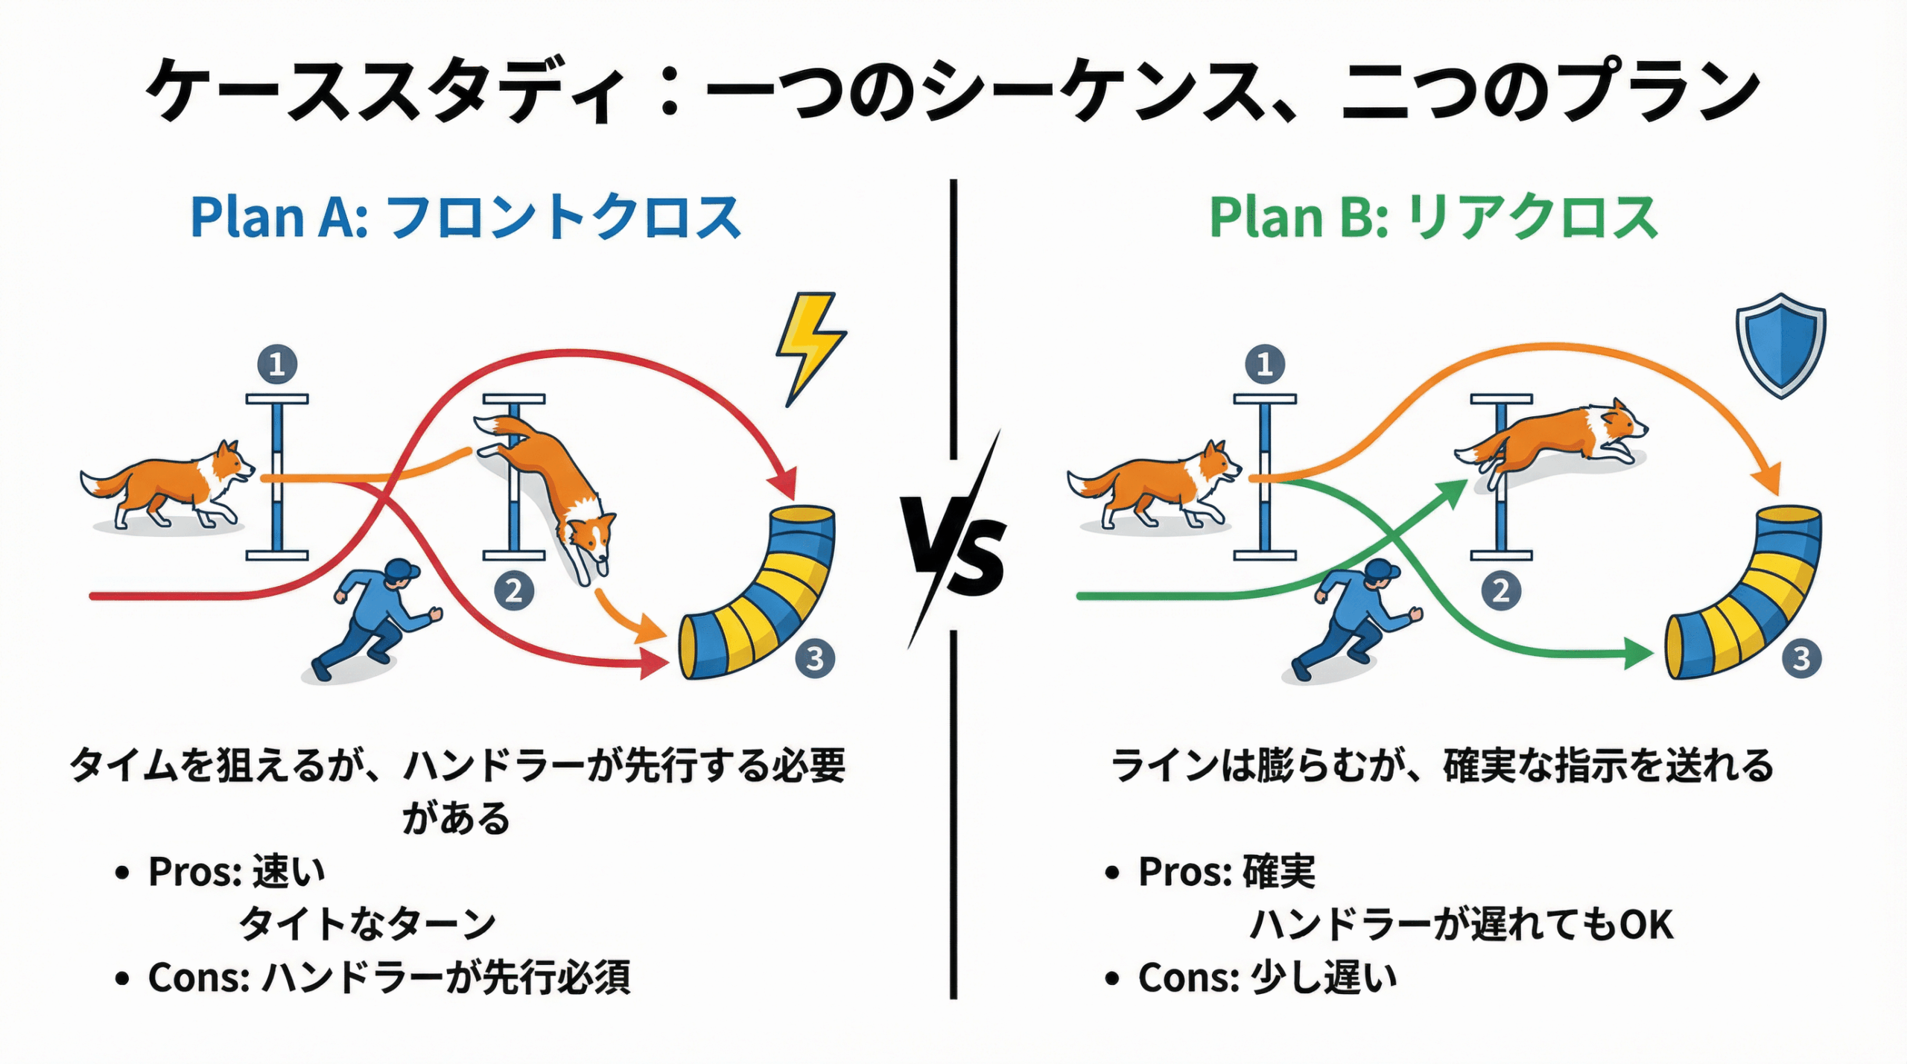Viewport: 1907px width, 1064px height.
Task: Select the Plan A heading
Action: pos(466,217)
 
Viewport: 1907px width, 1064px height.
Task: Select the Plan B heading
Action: pos(1433,217)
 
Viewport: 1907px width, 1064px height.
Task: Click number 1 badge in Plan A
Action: pos(277,365)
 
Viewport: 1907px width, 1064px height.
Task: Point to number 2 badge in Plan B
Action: pos(1500,590)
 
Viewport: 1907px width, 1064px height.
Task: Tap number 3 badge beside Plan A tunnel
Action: pos(815,658)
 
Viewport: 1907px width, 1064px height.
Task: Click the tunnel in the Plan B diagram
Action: pos(1743,596)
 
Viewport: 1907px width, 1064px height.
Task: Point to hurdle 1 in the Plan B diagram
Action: pos(1265,477)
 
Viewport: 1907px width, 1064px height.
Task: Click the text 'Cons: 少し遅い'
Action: pos(1266,978)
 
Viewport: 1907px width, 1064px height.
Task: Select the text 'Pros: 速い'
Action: pos(237,871)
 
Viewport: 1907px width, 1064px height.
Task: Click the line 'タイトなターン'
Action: pos(367,925)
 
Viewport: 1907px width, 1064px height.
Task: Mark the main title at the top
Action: pos(953,89)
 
